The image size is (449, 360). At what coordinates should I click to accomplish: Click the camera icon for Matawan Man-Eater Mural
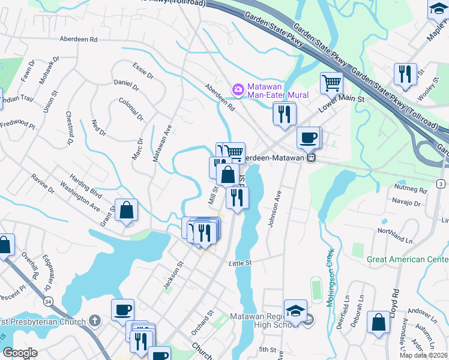[238, 89]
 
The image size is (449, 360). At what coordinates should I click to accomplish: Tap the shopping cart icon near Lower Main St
[331, 82]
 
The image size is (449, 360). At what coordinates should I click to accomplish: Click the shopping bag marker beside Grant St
[127, 211]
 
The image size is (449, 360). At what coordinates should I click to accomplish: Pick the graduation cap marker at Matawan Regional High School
[295, 311]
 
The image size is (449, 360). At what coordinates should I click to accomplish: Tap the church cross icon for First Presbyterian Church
[94, 321]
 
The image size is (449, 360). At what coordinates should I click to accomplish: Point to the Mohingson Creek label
[330, 278]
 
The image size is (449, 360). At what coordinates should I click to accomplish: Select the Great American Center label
[408, 260]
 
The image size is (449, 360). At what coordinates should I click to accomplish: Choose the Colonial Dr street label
[131, 110]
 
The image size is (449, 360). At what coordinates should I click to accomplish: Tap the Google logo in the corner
[20, 353]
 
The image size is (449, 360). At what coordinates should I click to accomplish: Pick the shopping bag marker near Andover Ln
[379, 322]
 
